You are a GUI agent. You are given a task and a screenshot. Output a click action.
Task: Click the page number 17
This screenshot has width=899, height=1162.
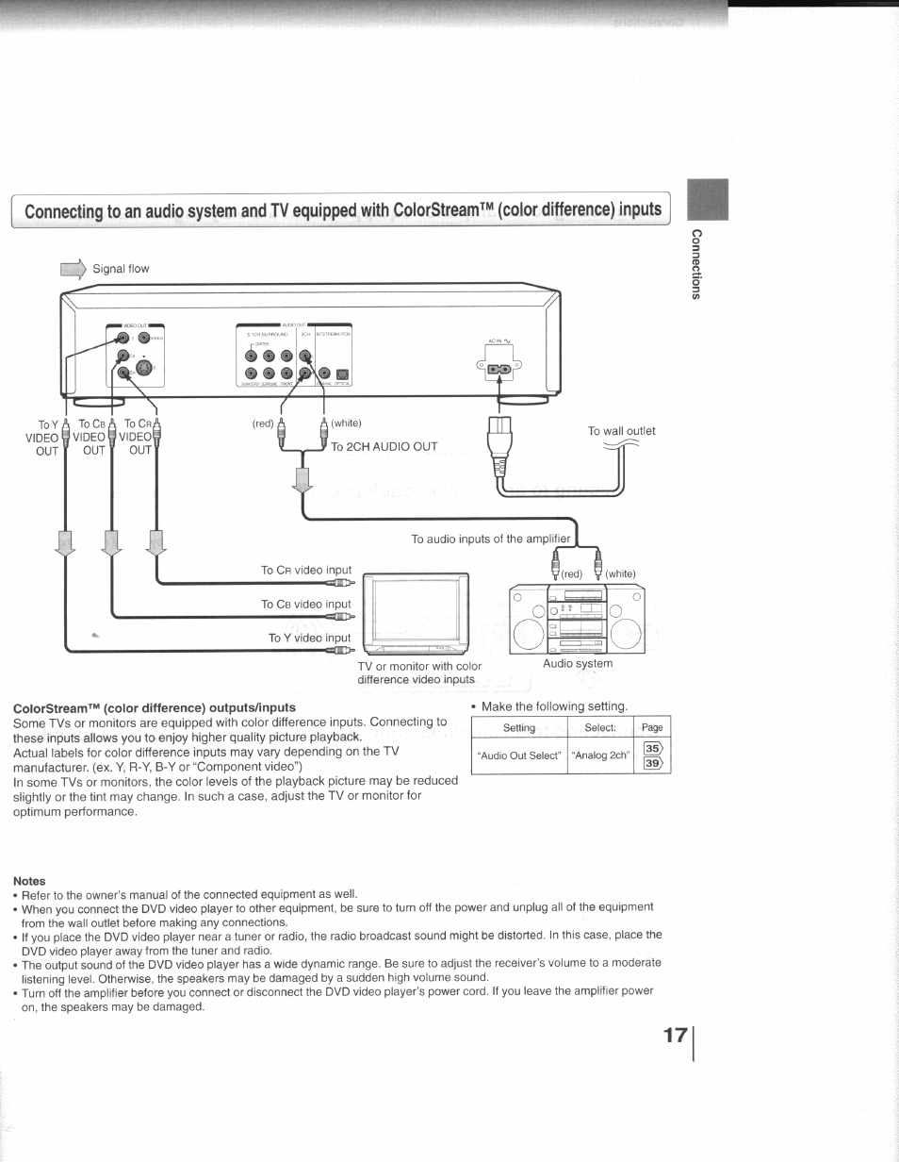pos(675,1035)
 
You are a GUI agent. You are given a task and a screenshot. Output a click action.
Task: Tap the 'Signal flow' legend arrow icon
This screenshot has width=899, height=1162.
pos(73,269)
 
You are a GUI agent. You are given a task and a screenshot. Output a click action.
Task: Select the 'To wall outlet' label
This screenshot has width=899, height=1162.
pos(621,431)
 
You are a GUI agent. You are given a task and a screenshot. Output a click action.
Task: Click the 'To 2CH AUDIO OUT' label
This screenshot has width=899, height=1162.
pos(384,446)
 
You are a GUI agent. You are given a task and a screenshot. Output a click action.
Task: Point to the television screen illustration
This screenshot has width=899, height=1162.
pos(414,610)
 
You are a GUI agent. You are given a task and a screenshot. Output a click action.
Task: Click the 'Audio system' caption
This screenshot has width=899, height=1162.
pos(578,663)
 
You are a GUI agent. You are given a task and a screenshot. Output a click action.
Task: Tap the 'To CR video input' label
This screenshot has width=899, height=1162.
pos(305,570)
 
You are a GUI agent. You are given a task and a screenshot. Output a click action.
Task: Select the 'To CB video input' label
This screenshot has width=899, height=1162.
pos(305,604)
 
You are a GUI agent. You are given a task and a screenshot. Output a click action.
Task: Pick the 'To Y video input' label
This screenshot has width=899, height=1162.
pos(309,638)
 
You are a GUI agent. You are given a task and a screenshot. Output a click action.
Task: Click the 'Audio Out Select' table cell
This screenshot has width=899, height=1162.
pos(519,755)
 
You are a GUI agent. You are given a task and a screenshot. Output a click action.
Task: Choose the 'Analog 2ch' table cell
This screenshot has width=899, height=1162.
pos(600,755)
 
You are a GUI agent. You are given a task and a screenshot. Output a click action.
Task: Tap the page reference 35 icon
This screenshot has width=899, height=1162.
pos(651,749)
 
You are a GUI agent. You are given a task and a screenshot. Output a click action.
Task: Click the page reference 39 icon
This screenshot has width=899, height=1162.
pos(651,764)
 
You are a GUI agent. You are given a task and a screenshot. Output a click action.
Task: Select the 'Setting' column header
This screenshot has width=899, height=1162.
pos(519,727)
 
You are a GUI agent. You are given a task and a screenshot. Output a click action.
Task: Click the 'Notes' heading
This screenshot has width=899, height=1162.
pos(30,881)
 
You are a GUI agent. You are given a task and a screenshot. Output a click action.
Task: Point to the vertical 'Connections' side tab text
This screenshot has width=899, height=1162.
pos(695,264)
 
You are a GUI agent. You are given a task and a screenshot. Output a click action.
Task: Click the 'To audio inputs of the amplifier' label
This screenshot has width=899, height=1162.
pos(491,539)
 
